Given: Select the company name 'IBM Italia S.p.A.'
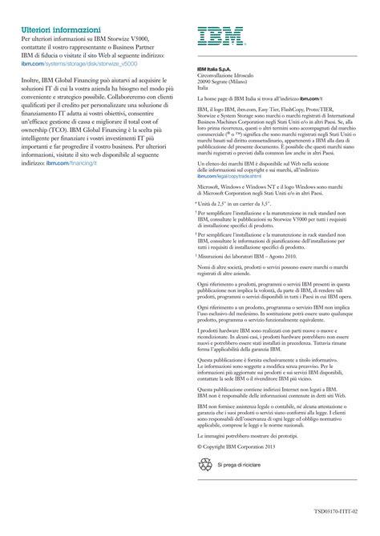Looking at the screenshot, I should click(217, 69).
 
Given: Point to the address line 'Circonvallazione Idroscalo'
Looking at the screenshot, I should click(232, 75).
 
